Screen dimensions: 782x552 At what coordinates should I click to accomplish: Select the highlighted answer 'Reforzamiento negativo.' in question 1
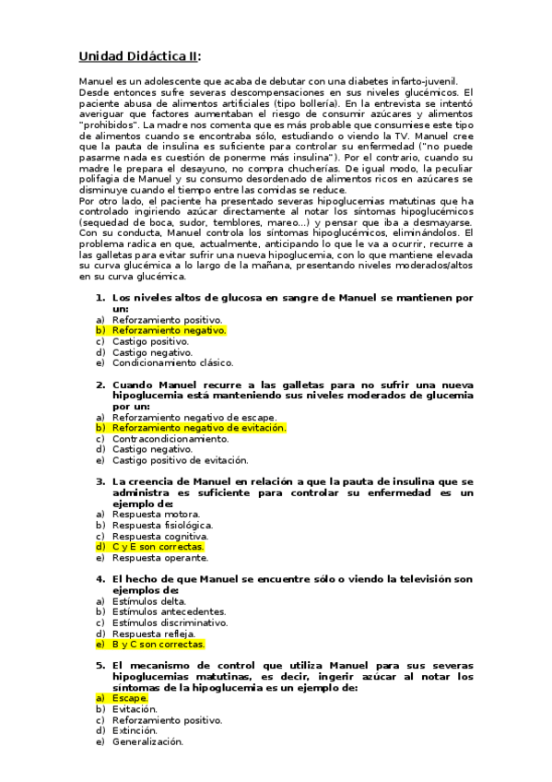(169, 330)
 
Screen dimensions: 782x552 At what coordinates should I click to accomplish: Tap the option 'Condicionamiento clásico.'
(173, 362)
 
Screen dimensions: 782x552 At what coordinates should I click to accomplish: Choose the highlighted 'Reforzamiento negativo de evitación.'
(199, 428)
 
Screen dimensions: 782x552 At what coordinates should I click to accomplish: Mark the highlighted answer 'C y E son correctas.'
(158, 547)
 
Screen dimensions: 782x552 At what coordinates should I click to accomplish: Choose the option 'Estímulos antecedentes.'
(169, 612)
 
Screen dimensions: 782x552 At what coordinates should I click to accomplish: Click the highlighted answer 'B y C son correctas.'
(158, 645)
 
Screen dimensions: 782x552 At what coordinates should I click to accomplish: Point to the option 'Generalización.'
(147, 742)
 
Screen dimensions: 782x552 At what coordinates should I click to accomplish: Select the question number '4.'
(100, 579)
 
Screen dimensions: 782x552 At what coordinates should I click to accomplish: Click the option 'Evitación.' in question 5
(135, 710)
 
